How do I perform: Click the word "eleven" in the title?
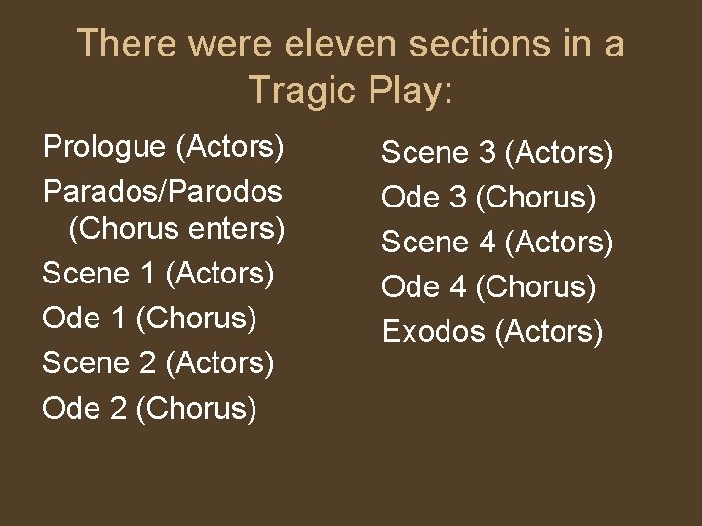pyautogui.click(x=341, y=44)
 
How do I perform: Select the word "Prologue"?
pyautogui.click(x=105, y=147)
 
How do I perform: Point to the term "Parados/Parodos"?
pyautogui.click(x=162, y=191)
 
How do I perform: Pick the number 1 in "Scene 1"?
pyautogui.click(x=147, y=273)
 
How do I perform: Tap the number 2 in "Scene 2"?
pyautogui.click(x=148, y=362)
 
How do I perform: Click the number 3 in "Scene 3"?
pyautogui.click(x=487, y=153)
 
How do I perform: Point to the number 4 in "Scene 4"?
pyautogui.click(x=487, y=243)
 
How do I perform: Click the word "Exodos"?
pyautogui.click(x=434, y=332)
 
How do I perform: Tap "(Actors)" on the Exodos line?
pyautogui.click(x=550, y=332)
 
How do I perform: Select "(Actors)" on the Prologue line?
pyautogui.click(x=230, y=147)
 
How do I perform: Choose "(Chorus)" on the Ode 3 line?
pyautogui.click(x=535, y=198)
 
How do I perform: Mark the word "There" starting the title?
pyautogui.click(x=126, y=44)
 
